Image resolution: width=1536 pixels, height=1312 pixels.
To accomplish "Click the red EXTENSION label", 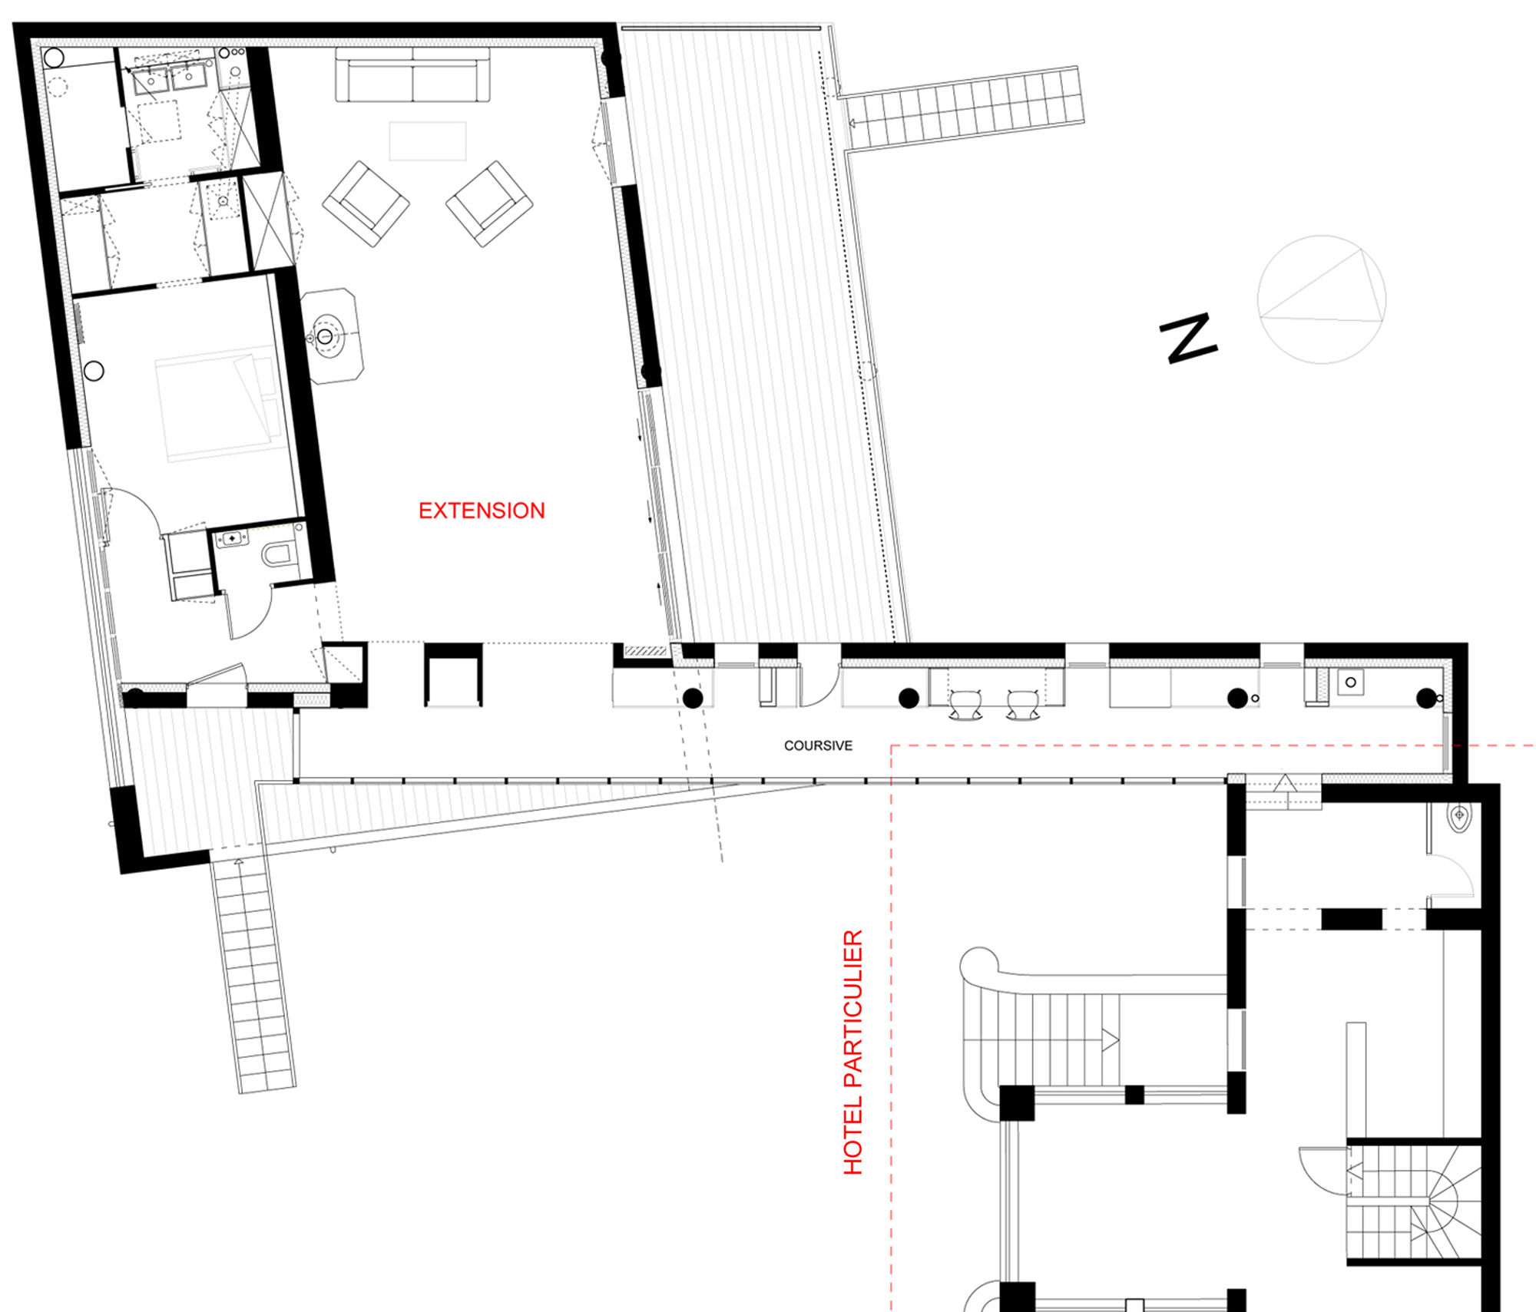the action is point(482,511).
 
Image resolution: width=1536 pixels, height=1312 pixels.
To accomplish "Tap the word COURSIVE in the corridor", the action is point(818,745).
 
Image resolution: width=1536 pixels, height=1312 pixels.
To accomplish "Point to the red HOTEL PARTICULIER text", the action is point(853,1053).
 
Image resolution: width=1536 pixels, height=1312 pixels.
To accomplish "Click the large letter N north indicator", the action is point(1188,338).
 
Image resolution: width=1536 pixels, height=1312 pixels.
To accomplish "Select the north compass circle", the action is point(1322,299).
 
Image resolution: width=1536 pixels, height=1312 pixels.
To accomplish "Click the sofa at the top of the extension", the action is point(412,74).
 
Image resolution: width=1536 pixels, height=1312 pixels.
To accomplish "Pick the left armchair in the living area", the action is point(366,203).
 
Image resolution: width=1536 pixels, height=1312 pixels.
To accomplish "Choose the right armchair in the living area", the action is point(489,203).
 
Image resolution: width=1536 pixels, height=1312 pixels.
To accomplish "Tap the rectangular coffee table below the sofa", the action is point(428,141).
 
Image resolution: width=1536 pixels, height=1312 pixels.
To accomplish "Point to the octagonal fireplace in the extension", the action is point(332,335).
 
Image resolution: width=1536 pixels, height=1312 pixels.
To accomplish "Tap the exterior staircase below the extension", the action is point(253,973).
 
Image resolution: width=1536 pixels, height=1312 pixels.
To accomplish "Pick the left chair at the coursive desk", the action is point(965,705).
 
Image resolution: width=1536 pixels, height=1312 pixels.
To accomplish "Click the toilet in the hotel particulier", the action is point(1458,817).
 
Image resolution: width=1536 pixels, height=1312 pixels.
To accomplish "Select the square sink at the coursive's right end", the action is point(1350,682).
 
